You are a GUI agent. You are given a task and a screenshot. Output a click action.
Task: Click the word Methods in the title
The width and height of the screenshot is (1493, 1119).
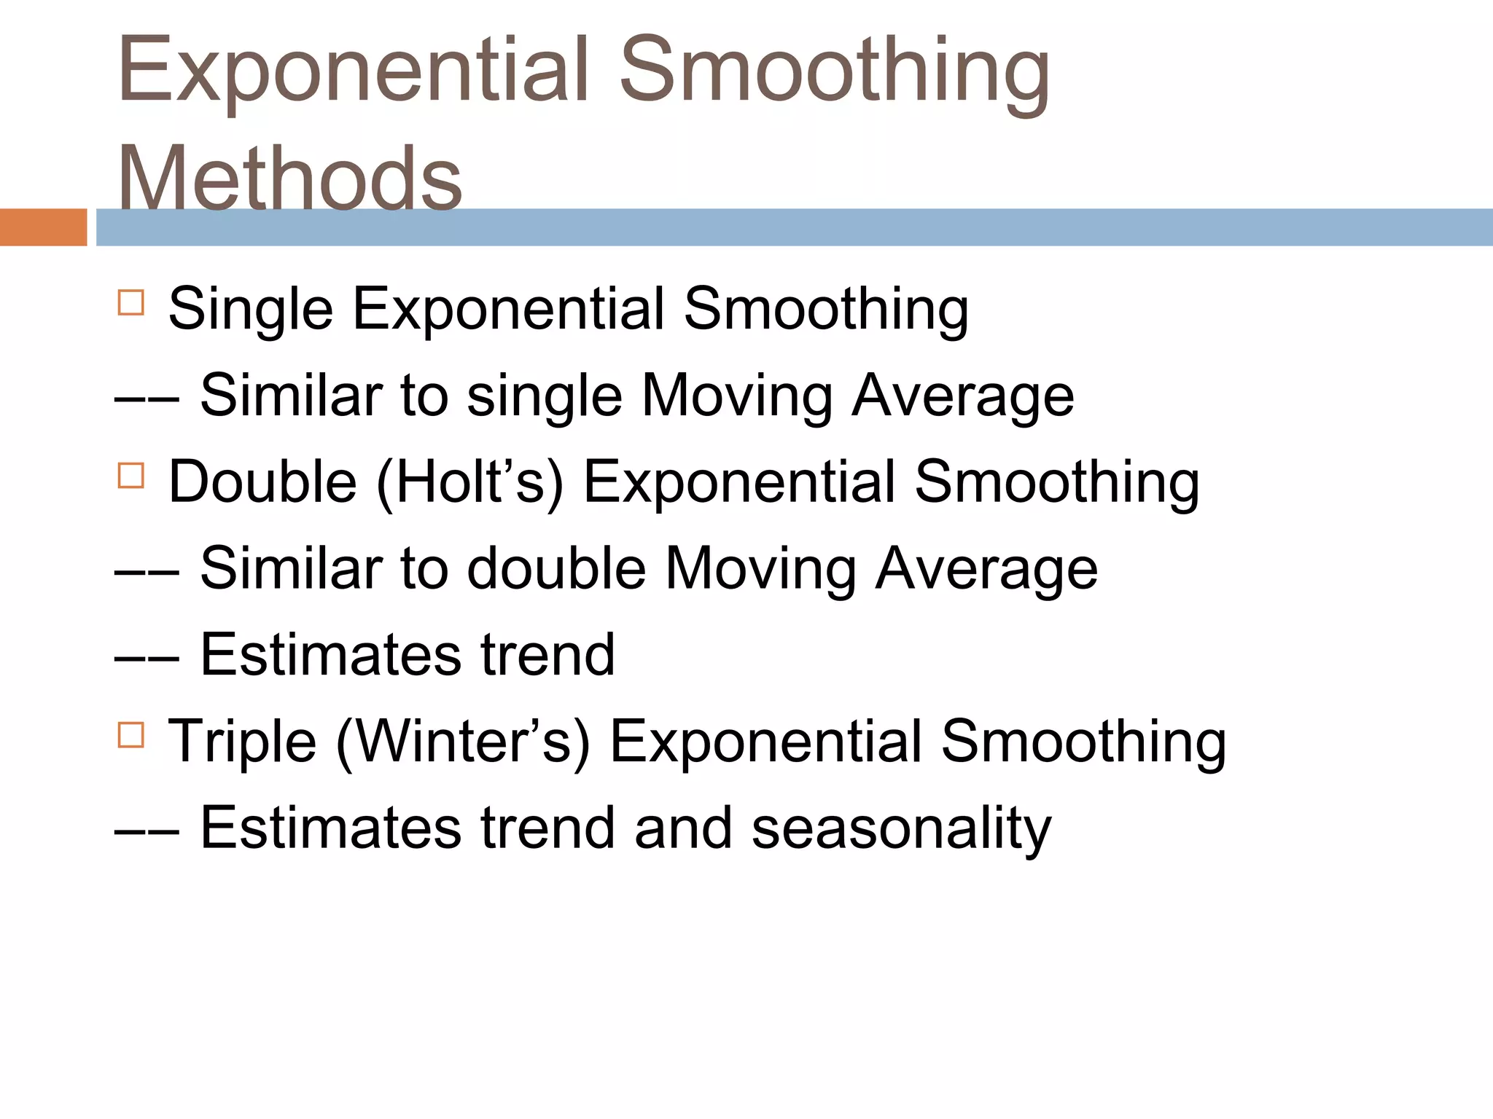click(x=289, y=178)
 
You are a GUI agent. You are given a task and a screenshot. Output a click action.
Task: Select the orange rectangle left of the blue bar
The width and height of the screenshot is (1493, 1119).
click(x=43, y=227)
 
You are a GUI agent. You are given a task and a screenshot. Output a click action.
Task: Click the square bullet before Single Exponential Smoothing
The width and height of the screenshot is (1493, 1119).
click(x=130, y=302)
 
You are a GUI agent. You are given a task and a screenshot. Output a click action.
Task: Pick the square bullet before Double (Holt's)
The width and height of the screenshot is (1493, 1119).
click(x=130, y=475)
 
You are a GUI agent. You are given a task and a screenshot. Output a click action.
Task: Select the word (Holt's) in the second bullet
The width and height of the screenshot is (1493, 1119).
click(x=470, y=482)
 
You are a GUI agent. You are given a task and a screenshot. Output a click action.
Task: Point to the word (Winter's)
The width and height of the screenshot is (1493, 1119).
click(x=462, y=742)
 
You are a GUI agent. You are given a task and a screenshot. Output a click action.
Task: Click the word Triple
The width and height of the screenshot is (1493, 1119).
click(x=242, y=742)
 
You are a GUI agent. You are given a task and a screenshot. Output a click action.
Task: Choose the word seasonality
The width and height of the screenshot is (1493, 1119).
click(x=901, y=828)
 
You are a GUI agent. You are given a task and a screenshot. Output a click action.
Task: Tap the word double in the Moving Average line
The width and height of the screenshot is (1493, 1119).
click(x=556, y=569)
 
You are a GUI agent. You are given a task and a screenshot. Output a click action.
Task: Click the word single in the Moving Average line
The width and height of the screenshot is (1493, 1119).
click(x=545, y=396)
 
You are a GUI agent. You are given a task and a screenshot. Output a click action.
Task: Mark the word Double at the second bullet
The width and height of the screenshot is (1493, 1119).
click(x=262, y=482)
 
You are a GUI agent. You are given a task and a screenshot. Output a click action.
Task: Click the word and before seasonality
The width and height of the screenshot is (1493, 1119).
click(x=683, y=828)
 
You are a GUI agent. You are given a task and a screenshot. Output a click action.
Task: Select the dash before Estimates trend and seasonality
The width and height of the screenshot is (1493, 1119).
click(x=147, y=830)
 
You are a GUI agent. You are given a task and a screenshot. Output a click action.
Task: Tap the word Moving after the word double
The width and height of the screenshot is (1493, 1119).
click(x=761, y=569)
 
